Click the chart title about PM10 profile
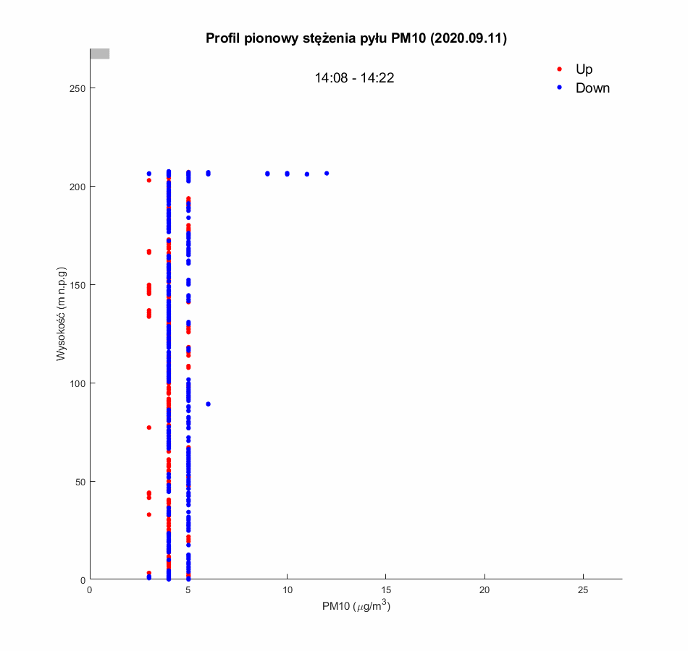coord(356,39)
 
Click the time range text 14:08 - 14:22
coord(354,78)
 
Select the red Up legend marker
coord(559,69)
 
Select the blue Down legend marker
coord(559,88)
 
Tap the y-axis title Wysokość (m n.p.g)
coord(62,315)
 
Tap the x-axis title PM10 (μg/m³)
coord(356,607)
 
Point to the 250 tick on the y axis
coord(77,88)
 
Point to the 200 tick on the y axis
coord(77,187)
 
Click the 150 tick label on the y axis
coord(77,285)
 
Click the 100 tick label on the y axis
coord(77,383)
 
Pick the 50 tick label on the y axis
coord(80,482)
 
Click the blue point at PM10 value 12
coord(327,174)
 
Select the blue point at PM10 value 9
coord(267,174)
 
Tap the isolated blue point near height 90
coord(208,404)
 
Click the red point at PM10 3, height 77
coord(149,427)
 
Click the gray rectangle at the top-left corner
coord(99,54)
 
